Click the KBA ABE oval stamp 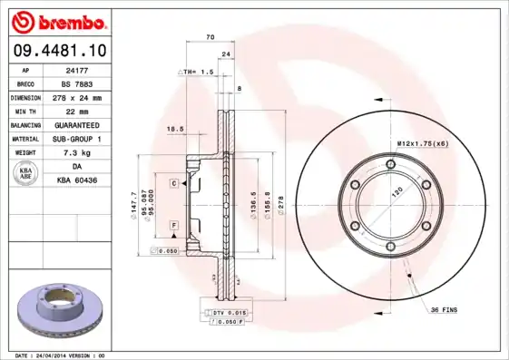coord(26,174)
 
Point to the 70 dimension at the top coord(210,37)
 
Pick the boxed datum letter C coord(172,183)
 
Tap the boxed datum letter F coord(172,224)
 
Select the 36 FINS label coord(442,311)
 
